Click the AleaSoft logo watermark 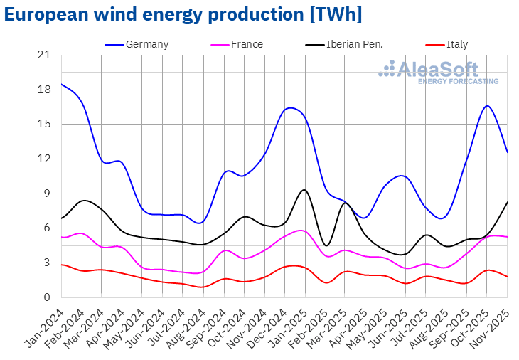pyautogui.click(x=438, y=73)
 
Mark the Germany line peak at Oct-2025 pyautogui.click(x=487, y=106)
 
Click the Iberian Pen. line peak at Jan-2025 pyautogui.click(x=304, y=190)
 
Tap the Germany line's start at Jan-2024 pyautogui.click(x=62, y=84)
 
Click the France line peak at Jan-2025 pyautogui.click(x=301, y=231)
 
